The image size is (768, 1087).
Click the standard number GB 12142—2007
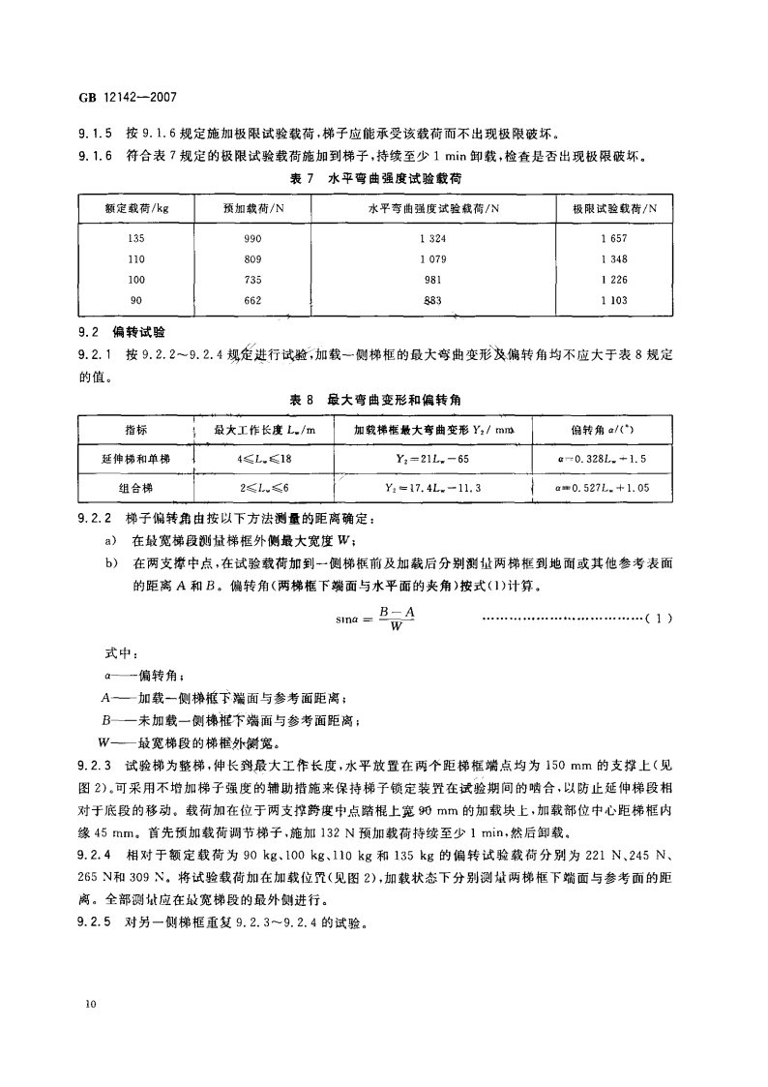pos(129,97)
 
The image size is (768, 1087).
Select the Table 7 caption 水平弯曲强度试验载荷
pos(406,179)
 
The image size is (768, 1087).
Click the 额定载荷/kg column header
pos(136,208)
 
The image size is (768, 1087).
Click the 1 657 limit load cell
pos(614,237)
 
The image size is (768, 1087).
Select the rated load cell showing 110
pos(136,258)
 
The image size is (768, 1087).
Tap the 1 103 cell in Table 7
pos(614,300)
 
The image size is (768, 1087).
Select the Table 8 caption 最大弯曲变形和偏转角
pos(405,399)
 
